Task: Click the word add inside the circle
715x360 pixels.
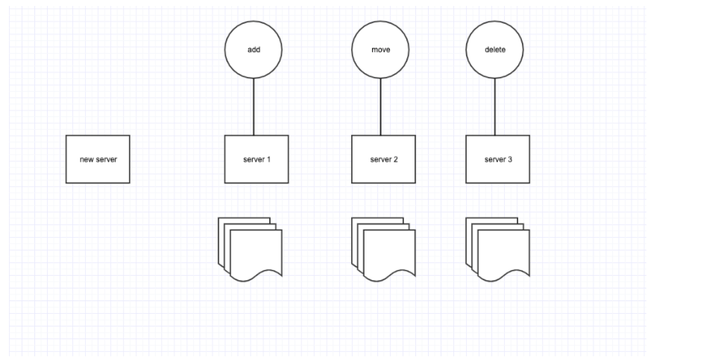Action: [253, 50]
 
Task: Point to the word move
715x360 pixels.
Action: [380, 50]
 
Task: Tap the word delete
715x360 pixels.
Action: [495, 50]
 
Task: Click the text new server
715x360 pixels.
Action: [98, 160]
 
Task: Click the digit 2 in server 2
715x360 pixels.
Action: [395, 160]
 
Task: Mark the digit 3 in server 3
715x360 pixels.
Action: [510, 160]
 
